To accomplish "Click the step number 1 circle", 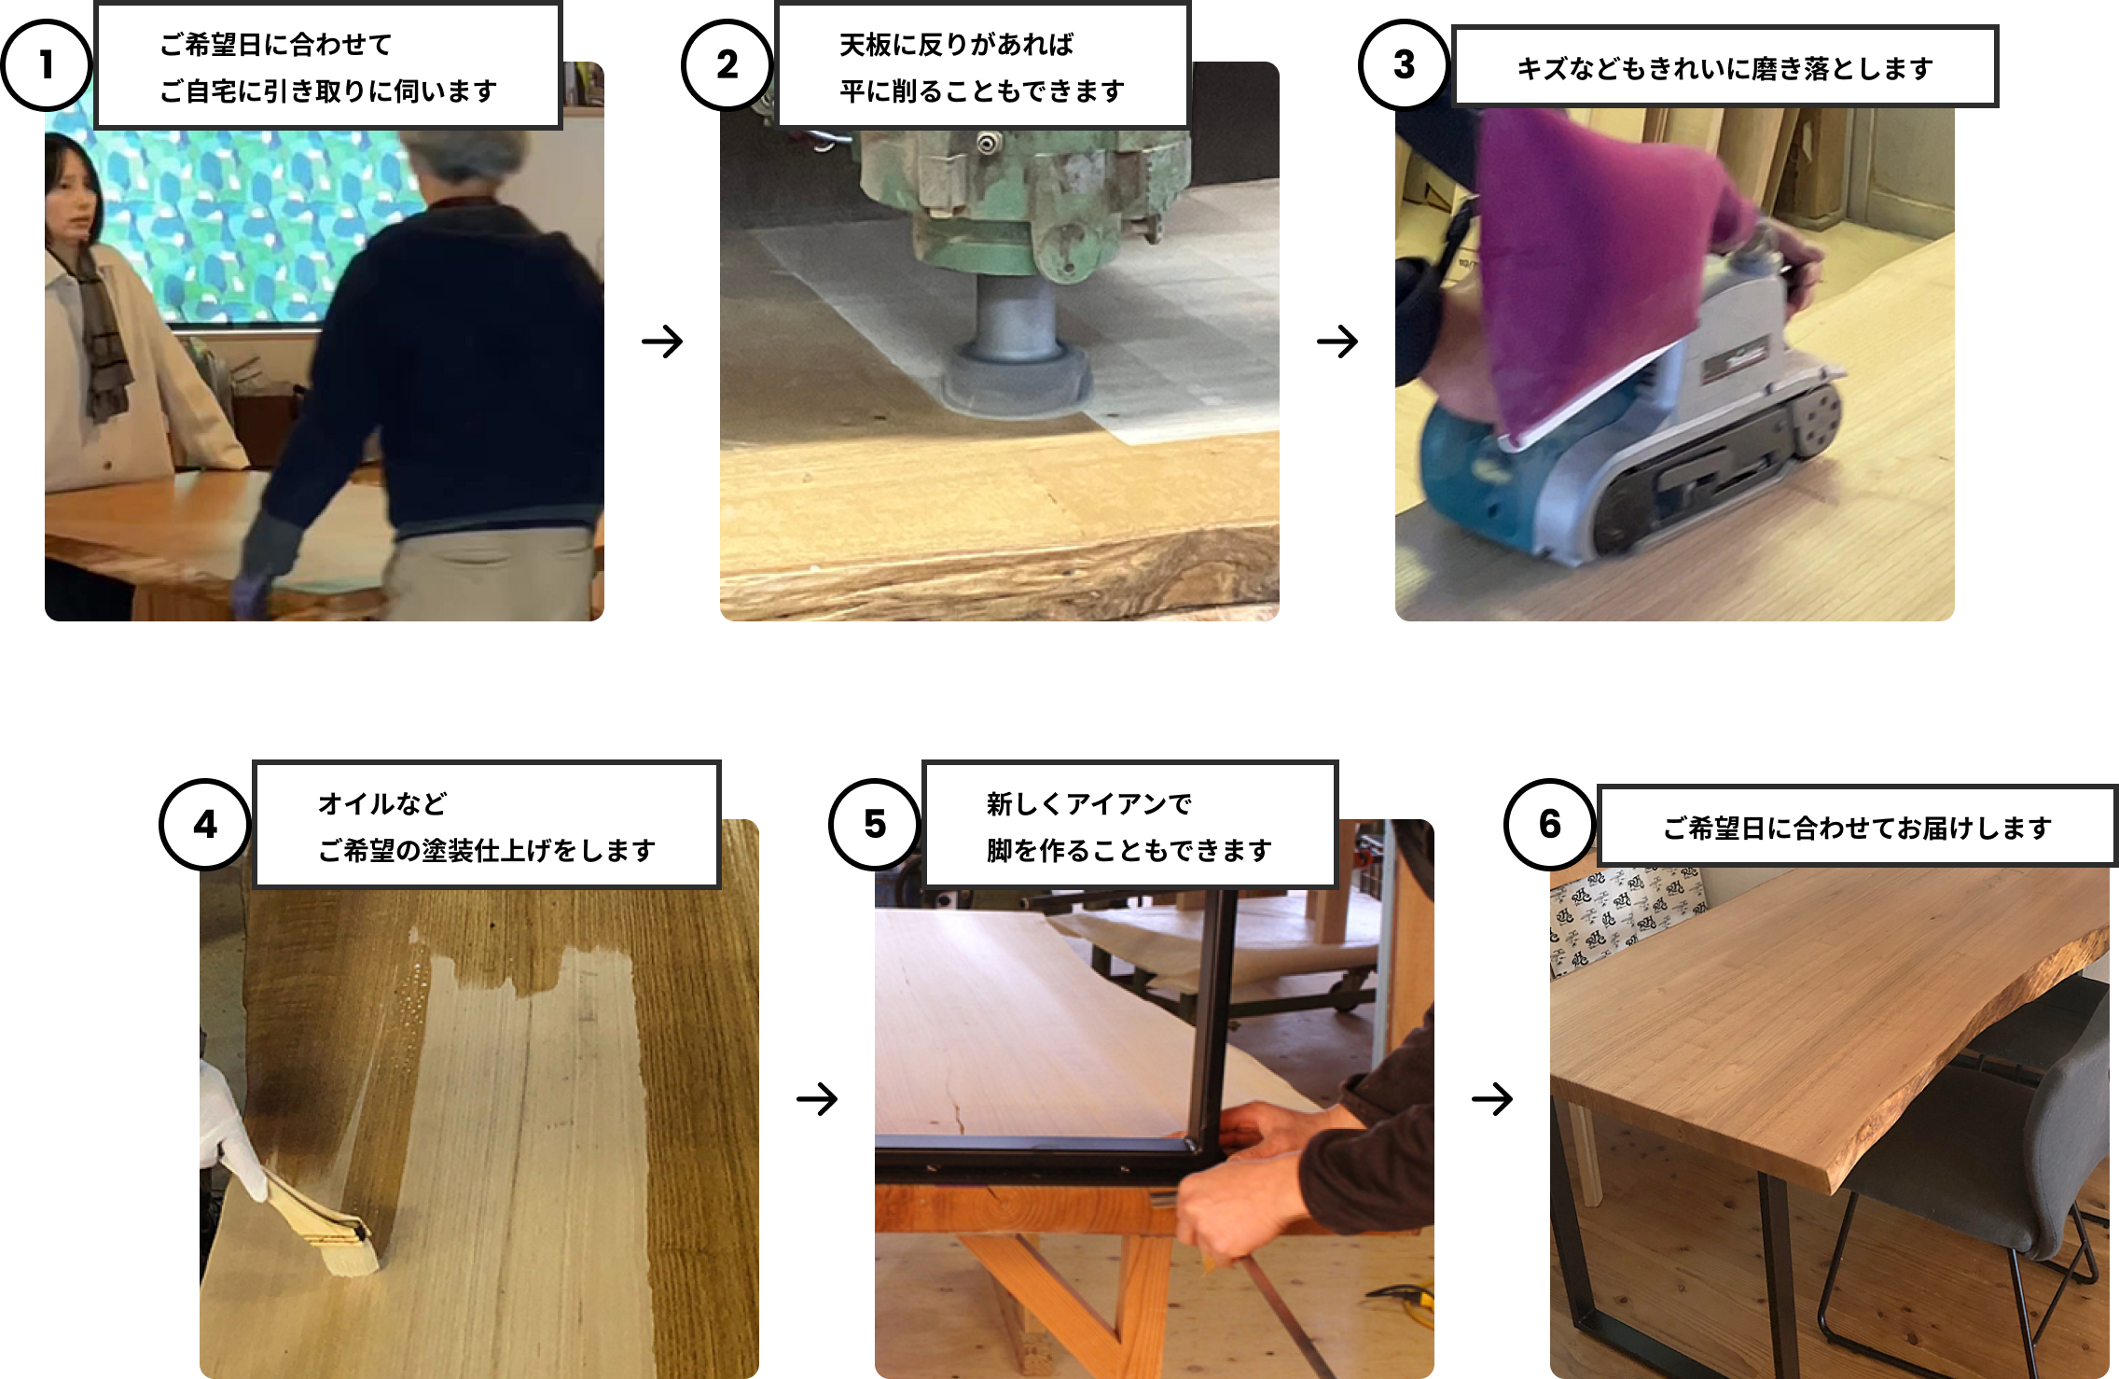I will tap(46, 65).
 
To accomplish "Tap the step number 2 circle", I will tap(727, 65).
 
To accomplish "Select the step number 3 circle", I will tap(1404, 65).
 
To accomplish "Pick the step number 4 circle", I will tap(205, 825).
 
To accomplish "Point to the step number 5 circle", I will tap(875, 824).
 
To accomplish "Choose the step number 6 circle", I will tap(1550, 824).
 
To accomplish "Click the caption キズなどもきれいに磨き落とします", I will tap(1724, 68).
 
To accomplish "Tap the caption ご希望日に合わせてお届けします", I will tap(1857, 828).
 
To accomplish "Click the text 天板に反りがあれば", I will tap(956, 45).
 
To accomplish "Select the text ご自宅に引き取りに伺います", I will tap(327, 91).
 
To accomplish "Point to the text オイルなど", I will tap(382, 803).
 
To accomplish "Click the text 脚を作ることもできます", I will tap(1129, 851).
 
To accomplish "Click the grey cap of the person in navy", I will tap(466, 154).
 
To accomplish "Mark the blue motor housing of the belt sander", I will tap(1474, 485).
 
